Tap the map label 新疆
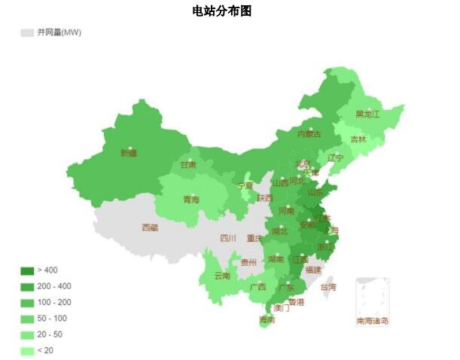coord(129,153)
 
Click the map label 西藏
coord(150,227)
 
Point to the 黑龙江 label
coord(367,114)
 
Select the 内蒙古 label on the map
coord(309,134)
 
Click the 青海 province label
coord(191,200)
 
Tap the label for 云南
coord(222,276)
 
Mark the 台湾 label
coord(328,287)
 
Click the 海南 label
coord(267,319)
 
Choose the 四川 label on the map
coord(228,238)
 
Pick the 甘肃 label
coord(188,165)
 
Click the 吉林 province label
coord(358,139)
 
